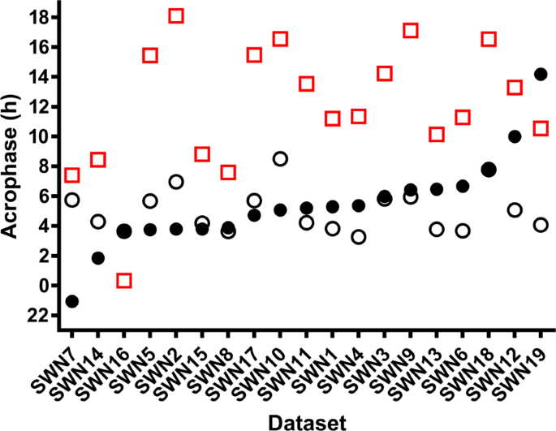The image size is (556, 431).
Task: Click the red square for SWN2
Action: click(x=176, y=15)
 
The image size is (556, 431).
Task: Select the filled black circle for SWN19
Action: click(x=541, y=75)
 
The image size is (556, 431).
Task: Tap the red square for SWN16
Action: click(x=124, y=281)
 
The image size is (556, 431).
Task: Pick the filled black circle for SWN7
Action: click(x=72, y=301)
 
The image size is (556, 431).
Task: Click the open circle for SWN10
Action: click(x=280, y=159)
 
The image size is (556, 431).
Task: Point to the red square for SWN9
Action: click(x=411, y=31)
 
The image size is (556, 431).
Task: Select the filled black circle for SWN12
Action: click(x=515, y=136)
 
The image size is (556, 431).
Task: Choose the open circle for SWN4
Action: click(x=358, y=237)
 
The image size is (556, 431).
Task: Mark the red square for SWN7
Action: click(x=72, y=175)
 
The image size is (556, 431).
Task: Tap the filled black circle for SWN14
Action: click(x=98, y=258)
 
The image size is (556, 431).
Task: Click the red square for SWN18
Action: click(x=489, y=39)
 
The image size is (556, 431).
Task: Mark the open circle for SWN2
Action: click(x=176, y=182)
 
